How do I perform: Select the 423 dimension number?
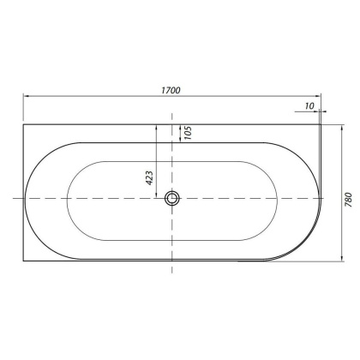(x=148, y=177)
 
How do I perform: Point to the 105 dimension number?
(x=185, y=132)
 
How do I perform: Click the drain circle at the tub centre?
(x=173, y=199)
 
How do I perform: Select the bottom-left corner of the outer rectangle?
(x=21, y=262)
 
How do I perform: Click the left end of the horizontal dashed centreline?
(x=11, y=199)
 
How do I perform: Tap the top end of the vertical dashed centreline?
(x=173, y=116)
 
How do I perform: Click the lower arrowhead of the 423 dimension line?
(x=157, y=196)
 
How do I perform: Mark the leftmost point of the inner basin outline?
(x=64, y=199)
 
